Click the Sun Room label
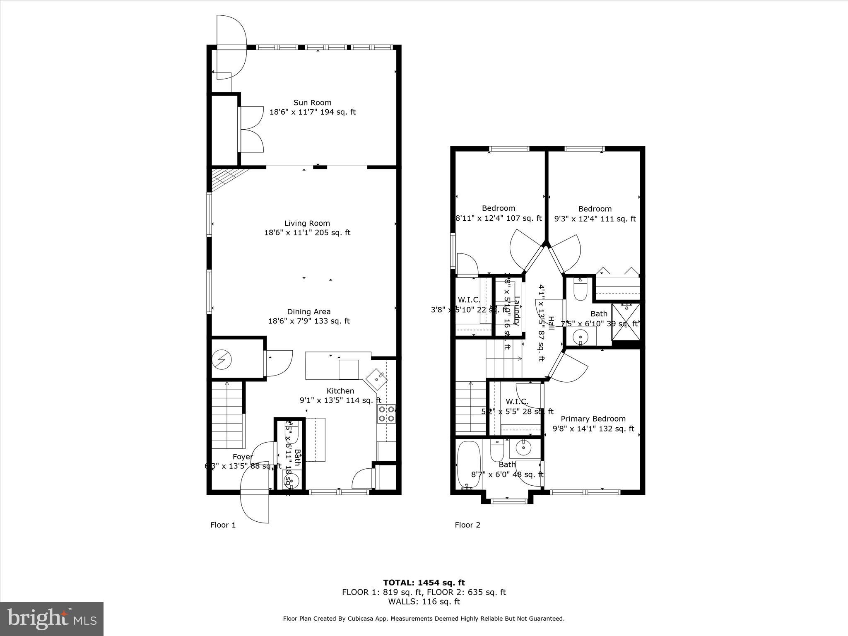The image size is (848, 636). pos(312,103)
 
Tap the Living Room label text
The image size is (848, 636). pos(307,224)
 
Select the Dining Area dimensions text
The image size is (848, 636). pos(309,321)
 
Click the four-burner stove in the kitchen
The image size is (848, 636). pos(386,413)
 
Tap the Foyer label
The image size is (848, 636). pos(243,457)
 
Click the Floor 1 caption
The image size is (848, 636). pos(223,525)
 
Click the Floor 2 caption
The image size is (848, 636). pos(467,525)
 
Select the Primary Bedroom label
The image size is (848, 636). pos(593,419)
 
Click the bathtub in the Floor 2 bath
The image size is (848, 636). pos(468,464)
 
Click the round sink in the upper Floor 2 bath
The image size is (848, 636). pos(581,337)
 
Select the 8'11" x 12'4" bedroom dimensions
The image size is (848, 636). pos(499,218)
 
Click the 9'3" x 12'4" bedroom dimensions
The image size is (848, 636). pos(595,219)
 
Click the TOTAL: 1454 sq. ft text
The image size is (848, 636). pos(424,583)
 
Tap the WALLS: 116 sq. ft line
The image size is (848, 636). pos(424,602)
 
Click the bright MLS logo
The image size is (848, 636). pos(52,619)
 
